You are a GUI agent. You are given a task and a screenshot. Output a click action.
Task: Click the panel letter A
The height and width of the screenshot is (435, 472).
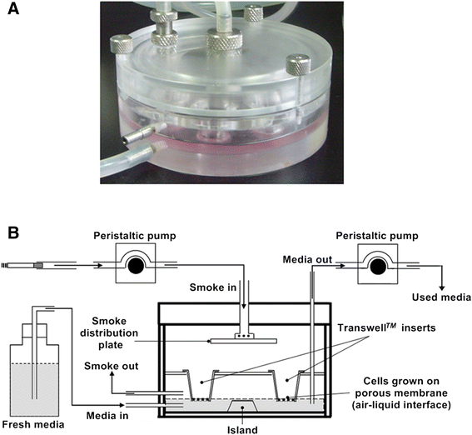point(13,15)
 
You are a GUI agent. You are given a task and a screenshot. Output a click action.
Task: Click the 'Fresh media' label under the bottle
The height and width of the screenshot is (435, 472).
point(34,425)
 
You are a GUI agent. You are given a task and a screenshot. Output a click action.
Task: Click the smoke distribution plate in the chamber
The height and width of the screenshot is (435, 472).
point(243,340)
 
